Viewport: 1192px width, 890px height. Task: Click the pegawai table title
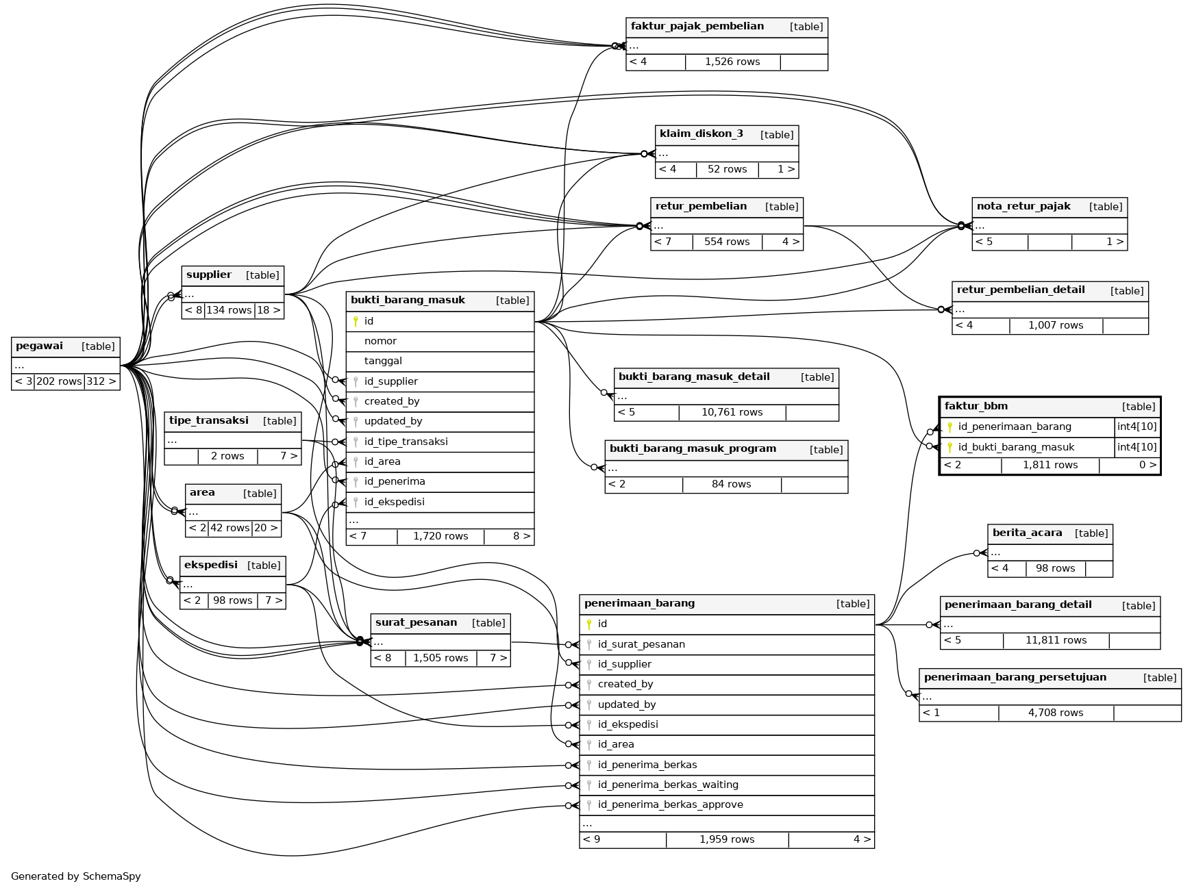tap(39, 346)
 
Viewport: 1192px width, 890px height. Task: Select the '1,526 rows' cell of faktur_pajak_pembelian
tap(732, 62)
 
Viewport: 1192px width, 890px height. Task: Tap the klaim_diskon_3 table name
tap(701, 134)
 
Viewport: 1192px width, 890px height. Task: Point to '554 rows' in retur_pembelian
tap(727, 242)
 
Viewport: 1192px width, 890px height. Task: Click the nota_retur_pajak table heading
tap(1023, 207)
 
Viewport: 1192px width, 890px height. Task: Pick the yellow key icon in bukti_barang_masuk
tap(356, 321)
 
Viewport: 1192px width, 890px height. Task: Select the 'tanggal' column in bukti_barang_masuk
tap(383, 361)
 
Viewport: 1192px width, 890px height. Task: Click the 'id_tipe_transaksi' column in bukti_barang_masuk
tap(406, 442)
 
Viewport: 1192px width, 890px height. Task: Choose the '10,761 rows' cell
tap(732, 412)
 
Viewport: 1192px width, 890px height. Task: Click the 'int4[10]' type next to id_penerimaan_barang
tap(1137, 427)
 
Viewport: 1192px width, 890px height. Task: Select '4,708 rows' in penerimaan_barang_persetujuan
tap(1055, 713)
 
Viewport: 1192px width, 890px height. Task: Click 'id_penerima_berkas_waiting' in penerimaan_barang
tap(667, 785)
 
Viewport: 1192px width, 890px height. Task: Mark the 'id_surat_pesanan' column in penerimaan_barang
tap(641, 644)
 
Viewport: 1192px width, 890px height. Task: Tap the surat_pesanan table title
tap(416, 623)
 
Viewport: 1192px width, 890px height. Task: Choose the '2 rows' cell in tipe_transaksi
tap(227, 456)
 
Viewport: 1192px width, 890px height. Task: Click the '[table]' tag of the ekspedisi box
tap(264, 565)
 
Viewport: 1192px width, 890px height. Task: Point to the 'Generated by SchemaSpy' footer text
tap(75, 876)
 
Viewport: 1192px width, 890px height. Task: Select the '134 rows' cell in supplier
tap(229, 310)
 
